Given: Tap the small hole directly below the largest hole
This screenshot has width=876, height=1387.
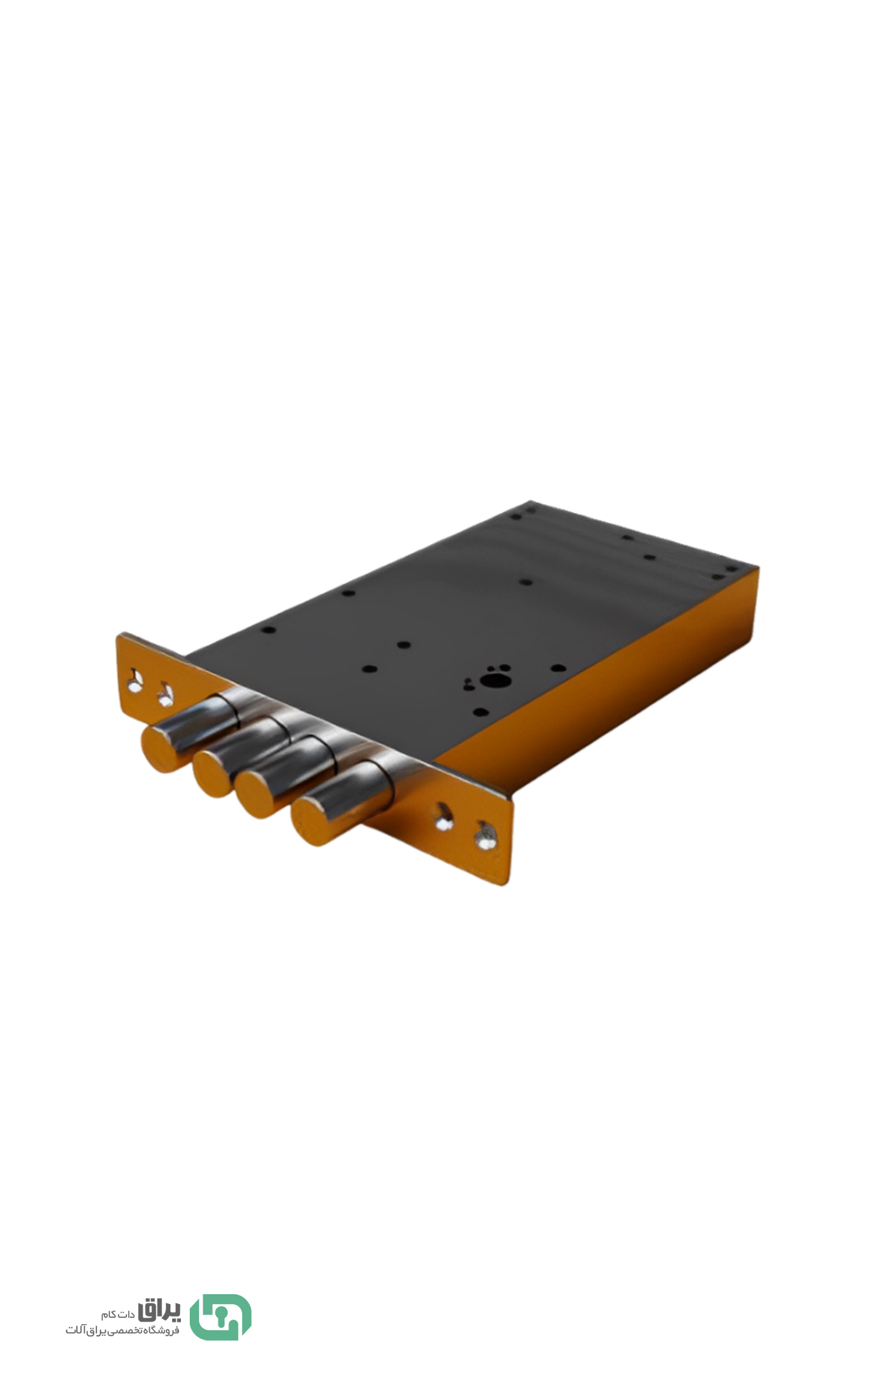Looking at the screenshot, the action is [480, 712].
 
